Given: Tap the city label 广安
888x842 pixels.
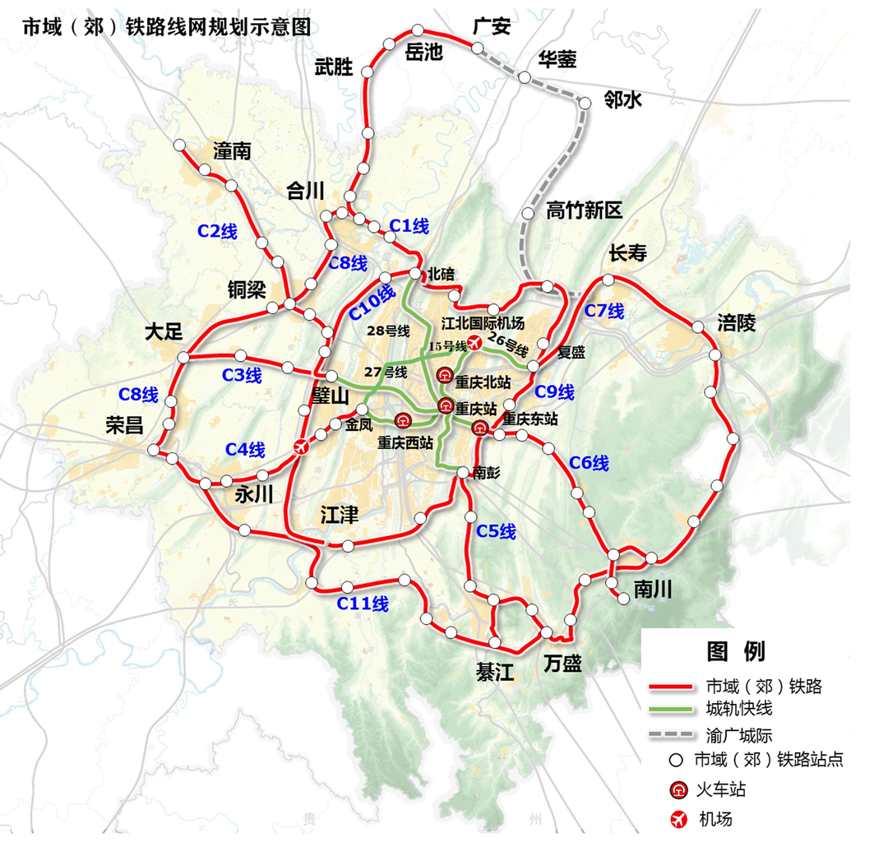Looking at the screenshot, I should click(x=492, y=26).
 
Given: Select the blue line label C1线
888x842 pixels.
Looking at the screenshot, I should click(x=409, y=225).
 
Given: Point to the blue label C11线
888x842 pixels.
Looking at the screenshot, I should click(x=363, y=604).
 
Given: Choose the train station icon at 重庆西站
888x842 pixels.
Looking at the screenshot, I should click(x=403, y=421).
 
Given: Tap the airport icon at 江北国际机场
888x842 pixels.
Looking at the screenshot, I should click(x=474, y=342).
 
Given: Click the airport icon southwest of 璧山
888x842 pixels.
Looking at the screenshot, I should click(x=301, y=446).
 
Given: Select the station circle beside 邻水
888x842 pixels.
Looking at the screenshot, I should click(x=585, y=104).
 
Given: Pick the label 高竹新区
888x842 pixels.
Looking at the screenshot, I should click(x=585, y=210).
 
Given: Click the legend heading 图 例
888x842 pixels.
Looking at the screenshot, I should click(x=736, y=651).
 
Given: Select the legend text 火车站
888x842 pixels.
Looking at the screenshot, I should click(x=722, y=790).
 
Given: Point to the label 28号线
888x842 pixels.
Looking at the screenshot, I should click(x=389, y=331).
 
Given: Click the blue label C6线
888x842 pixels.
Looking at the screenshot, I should click(x=589, y=463).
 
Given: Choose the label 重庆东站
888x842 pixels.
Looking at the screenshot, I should click(x=530, y=419).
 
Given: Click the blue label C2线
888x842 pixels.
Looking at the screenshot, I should click(x=217, y=232).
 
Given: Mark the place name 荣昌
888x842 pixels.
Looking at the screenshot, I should click(x=124, y=425).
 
